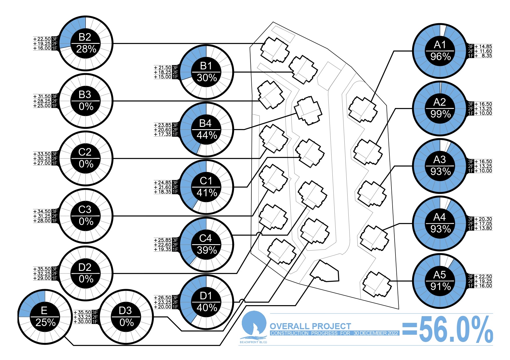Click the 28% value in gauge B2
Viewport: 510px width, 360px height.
coord(86,49)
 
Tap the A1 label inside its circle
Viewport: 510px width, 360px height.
coord(440,45)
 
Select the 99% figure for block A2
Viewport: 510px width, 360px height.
coord(441,114)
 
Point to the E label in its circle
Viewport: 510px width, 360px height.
coord(44,311)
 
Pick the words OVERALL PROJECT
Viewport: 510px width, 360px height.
coord(310,326)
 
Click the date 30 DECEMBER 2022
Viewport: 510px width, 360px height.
coord(376,333)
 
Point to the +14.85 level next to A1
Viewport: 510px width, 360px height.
coord(484,46)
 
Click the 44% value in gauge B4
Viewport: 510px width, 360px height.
coord(207,135)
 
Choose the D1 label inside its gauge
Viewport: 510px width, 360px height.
coord(206,296)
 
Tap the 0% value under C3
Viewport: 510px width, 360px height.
coord(86,222)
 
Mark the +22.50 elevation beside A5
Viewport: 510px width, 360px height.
coord(484,277)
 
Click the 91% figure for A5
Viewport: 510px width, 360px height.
coord(441,287)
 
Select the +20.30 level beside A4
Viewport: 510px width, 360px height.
coord(484,219)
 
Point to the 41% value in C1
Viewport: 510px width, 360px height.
coord(207,193)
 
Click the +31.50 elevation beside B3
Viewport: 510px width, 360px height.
coord(42,96)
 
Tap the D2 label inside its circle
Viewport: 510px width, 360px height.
coord(85,267)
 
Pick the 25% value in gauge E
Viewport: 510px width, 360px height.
coord(45,323)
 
